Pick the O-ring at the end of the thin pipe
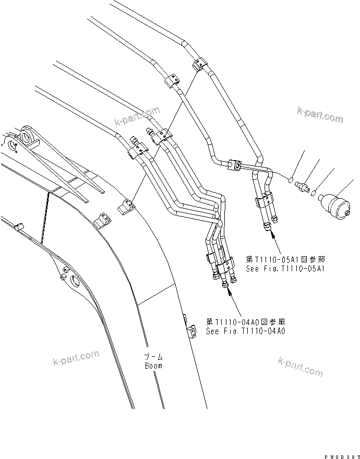click(x=289, y=179)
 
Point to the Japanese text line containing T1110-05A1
click(x=287, y=259)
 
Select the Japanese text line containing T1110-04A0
click(x=246, y=321)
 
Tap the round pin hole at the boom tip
click(x=26, y=138)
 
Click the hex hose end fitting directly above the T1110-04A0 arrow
click(x=225, y=282)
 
